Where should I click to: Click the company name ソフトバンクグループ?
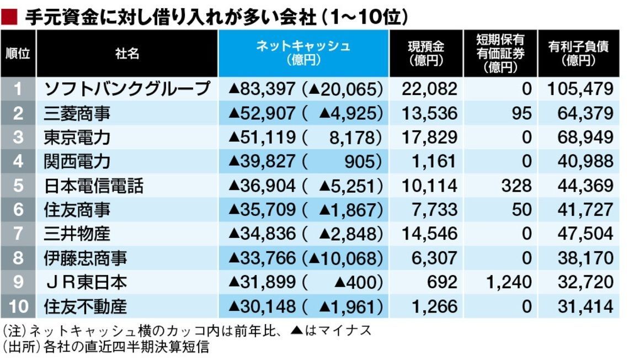[x=127, y=89]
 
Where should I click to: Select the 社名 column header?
[x=127, y=54]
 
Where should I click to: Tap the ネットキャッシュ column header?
[x=303, y=54]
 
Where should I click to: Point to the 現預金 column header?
[x=426, y=54]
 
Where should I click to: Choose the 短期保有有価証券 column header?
[x=500, y=54]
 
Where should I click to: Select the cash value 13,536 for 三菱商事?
[x=430, y=113]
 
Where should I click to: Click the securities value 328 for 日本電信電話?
[x=516, y=186]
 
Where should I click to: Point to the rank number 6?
[x=18, y=210]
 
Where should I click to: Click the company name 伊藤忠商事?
[x=86, y=258]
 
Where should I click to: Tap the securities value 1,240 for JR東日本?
[x=509, y=282]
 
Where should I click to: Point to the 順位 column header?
[x=18, y=54]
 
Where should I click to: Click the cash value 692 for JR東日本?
[x=441, y=282]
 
